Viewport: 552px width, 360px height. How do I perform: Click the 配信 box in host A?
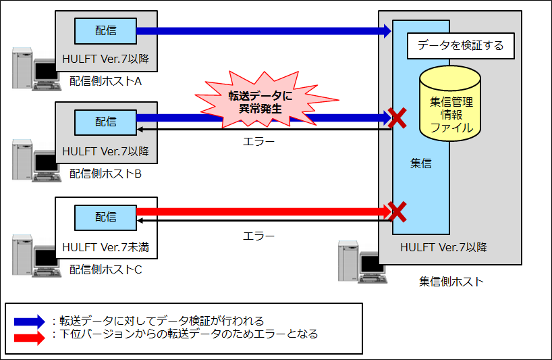[x=105, y=30]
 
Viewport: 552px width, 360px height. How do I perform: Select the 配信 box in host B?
[x=105, y=122]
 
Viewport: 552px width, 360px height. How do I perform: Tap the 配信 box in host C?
[x=105, y=217]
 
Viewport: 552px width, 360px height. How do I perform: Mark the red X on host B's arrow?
[x=397, y=118]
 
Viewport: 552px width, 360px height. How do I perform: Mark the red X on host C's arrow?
[x=397, y=212]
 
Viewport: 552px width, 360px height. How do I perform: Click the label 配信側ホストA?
[x=105, y=82]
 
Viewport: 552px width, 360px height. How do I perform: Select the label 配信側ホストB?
[x=105, y=174]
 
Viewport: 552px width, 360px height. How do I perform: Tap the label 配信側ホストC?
[x=105, y=269]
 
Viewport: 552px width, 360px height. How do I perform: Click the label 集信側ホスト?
[x=451, y=282]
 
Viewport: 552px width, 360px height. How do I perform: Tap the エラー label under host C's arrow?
[x=258, y=236]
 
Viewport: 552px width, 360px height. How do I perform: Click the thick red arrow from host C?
[x=263, y=211]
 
